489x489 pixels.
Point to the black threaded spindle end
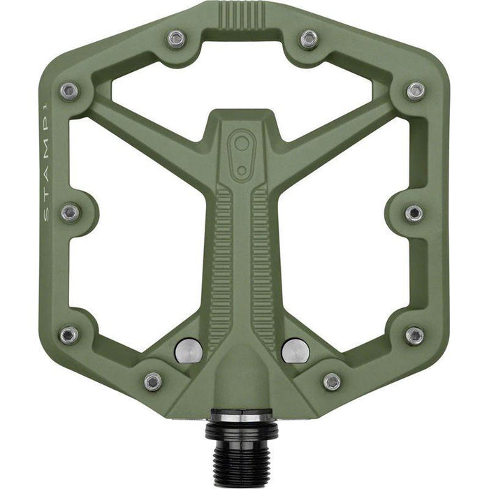click(x=242, y=448)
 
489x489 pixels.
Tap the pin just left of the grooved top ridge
click(x=177, y=38)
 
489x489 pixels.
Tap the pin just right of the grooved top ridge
click(x=308, y=38)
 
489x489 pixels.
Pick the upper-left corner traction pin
click(x=68, y=91)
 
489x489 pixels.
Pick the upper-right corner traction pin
click(x=416, y=91)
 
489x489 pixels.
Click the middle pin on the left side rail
click(x=70, y=212)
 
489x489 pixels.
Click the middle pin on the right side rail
click(x=414, y=212)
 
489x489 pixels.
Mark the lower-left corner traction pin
click(x=68, y=335)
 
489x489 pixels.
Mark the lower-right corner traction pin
click(x=414, y=335)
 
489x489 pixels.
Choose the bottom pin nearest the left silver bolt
click(x=153, y=381)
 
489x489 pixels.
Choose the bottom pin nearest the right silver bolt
click(x=332, y=381)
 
